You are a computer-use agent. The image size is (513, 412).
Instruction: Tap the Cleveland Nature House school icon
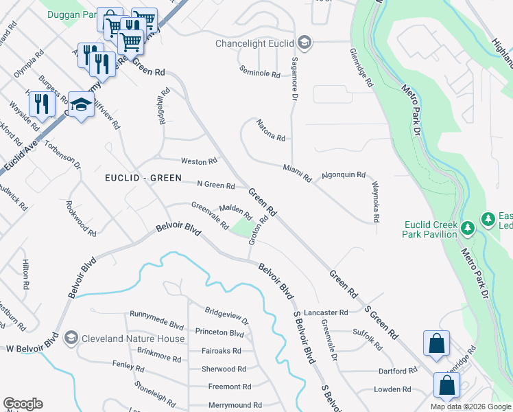coord(71,339)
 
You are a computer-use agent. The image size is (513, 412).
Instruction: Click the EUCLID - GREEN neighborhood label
coord(143,178)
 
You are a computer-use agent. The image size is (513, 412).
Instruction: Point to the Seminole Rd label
coord(260,71)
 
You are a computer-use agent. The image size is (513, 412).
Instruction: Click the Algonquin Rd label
coord(343,175)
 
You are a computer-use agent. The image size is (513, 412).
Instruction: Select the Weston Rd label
coord(198,161)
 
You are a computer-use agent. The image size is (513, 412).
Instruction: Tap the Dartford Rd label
coord(397,371)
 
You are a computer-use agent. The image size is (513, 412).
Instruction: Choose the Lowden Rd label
coord(392,389)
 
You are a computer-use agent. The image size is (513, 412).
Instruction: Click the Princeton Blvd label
coord(219,334)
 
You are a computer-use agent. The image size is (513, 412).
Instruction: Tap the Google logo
coord(23,404)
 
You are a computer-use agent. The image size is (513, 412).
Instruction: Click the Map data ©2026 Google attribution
coord(470,407)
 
